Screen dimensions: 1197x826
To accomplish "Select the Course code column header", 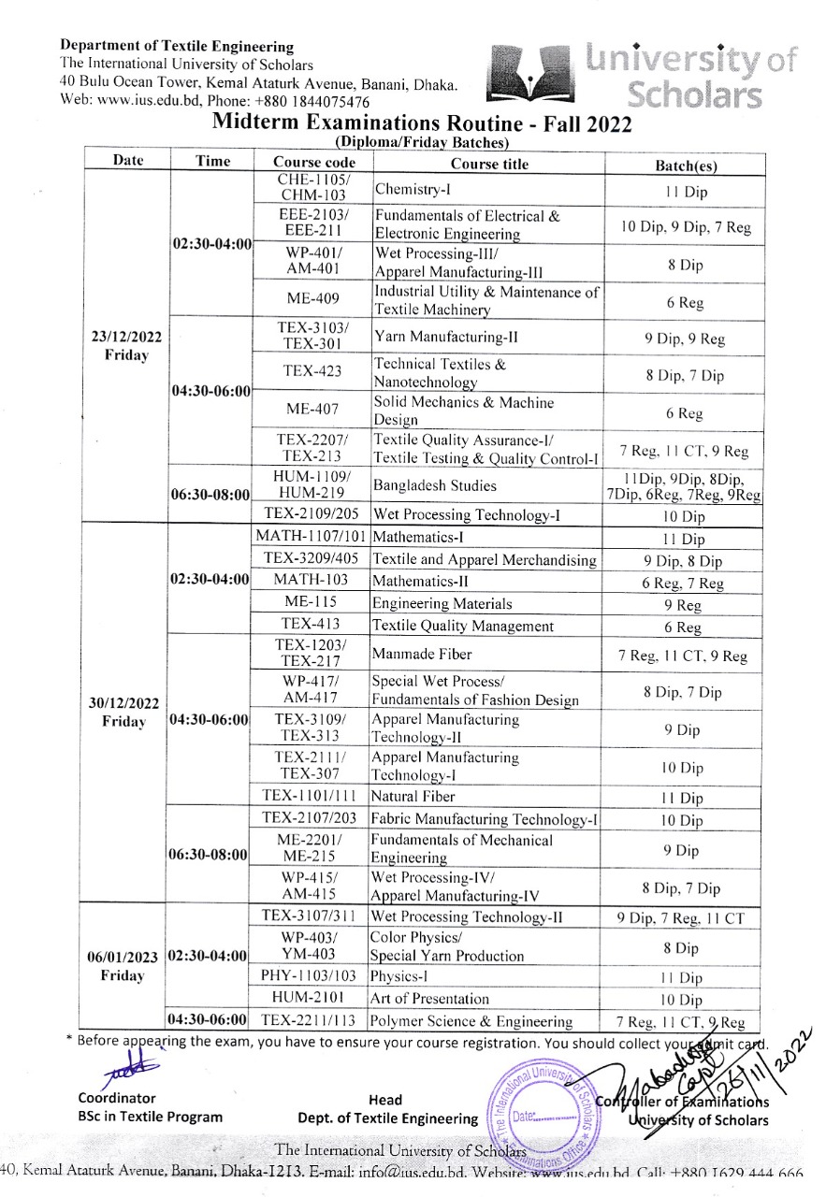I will tap(312, 162).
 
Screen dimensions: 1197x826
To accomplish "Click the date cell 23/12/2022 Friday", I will tap(127, 347).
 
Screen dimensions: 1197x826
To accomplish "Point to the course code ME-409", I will tap(313, 300).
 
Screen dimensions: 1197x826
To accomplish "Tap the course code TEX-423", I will tap(313, 371).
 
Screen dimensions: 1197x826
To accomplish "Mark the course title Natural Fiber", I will tap(413, 797).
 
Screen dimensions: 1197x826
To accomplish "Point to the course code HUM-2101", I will tap(312, 998).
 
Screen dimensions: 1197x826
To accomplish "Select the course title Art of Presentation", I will tap(430, 998).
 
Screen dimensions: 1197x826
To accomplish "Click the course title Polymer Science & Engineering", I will tap(471, 1020).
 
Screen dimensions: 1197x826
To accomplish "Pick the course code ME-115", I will tap(312, 603).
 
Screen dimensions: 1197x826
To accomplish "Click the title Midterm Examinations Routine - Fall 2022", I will tap(423, 123).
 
